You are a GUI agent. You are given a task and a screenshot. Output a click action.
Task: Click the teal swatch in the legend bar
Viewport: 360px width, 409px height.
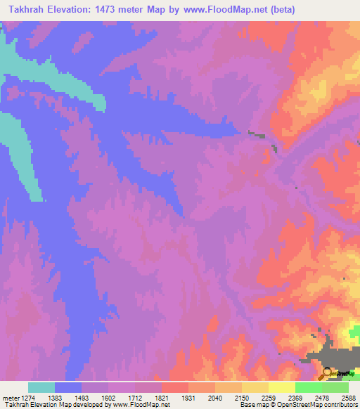[x=41, y=387]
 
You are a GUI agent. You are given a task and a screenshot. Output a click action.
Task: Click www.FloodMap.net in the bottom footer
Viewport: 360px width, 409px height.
[x=141, y=405]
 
